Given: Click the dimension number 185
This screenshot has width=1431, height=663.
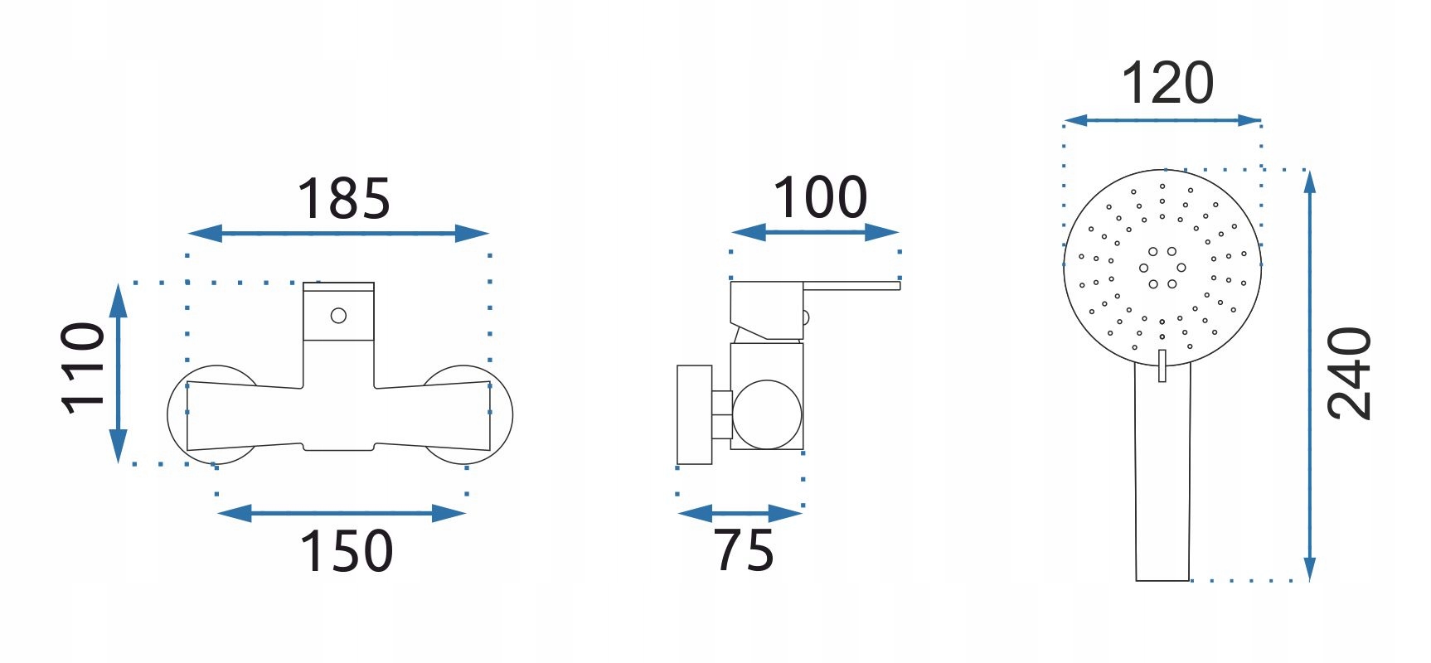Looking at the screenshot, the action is [343, 199].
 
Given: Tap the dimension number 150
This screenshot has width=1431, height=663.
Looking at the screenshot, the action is [346, 551].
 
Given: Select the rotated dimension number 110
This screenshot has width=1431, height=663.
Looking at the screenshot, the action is [83, 368].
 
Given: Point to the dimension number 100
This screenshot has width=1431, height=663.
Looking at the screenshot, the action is [820, 198].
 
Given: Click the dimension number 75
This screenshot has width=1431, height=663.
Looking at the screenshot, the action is [744, 550].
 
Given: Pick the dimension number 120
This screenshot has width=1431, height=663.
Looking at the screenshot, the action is [1167, 83].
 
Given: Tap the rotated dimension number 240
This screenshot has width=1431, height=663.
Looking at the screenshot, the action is [1350, 374].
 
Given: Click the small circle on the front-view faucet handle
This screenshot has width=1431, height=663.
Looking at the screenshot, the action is [338, 316].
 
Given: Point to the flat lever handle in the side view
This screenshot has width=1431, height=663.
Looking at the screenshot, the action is [851, 286].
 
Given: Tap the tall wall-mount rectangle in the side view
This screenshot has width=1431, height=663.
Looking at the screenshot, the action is [695, 414].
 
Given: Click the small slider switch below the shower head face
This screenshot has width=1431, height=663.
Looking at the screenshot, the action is [1162, 365].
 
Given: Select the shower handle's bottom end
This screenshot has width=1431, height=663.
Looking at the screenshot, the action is [1162, 579].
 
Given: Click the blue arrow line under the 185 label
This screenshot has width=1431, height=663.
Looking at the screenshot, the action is [338, 234].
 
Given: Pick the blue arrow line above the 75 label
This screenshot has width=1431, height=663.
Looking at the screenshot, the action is [740, 514].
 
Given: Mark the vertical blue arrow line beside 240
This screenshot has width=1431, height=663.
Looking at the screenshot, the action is [1309, 375].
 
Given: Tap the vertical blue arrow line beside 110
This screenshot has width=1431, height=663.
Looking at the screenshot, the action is [119, 373].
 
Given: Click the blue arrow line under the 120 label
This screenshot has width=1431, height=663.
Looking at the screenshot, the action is [1162, 120].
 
